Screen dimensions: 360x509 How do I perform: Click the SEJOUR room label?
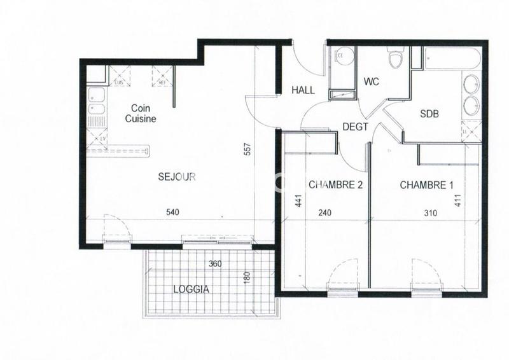pos(177,177)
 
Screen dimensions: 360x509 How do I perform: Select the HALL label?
pos(303,90)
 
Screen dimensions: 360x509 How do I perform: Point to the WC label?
pos(371,82)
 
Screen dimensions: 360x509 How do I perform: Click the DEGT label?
pos(355,127)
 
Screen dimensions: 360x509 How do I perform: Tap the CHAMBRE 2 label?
pos(335,185)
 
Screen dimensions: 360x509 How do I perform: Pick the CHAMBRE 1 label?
pos(426,185)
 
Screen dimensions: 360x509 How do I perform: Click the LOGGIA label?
pos(192,289)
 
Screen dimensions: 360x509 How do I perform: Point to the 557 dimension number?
pos(248,151)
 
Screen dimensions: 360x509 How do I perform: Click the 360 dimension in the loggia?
pos(216,263)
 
